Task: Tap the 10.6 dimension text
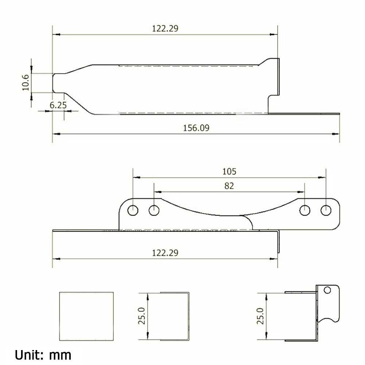click(x=25, y=83)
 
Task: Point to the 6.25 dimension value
click(x=58, y=105)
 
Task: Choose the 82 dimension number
click(x=229, y=186)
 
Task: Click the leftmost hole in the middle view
click(x=133, y=210)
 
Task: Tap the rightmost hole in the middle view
click(x=326, y=210)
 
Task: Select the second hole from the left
click(x=154, y=210)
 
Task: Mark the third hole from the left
click(x=304, y=210)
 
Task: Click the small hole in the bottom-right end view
click(x=327, y=290)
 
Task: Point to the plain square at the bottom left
click(x=86, y=316)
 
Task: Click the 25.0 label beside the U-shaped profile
click(x=142, y=316)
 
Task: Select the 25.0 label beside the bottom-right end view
click(x=260, y=316)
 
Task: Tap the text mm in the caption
click(x=61, y=354)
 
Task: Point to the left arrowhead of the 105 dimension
click(x=135, y=178)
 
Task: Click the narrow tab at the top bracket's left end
click(x=59, y=83)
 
